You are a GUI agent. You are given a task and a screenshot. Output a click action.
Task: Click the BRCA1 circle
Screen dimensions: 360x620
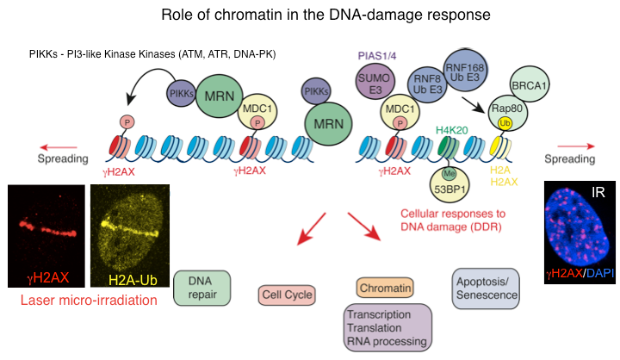528,86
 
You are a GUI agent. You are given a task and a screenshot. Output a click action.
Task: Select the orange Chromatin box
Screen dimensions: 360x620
383,288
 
